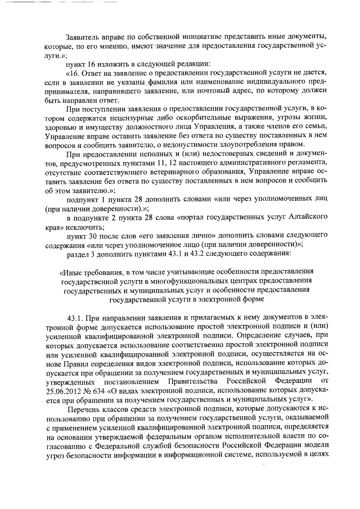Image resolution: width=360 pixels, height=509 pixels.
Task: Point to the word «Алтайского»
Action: click(307, 218)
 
